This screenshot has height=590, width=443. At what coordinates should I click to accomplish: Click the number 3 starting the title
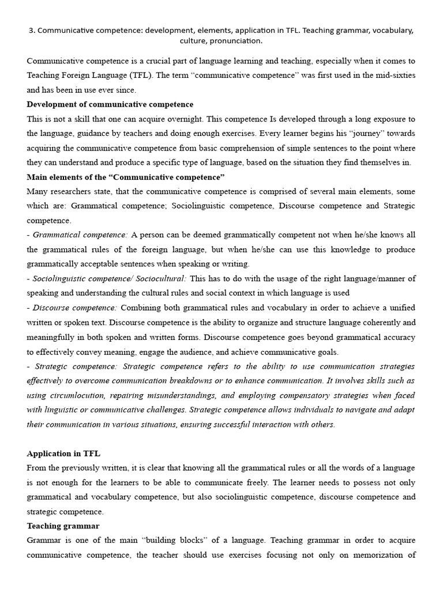click(x=31, y=31)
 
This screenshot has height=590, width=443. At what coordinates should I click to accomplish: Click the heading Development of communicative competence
click(x=110, y=104)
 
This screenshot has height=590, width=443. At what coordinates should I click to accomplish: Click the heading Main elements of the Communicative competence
click(x=126, y=177)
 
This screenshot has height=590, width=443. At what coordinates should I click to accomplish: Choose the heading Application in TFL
click(x=63, y=453)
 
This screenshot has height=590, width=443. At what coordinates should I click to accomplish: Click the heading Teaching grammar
click(x=63, y=526)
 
